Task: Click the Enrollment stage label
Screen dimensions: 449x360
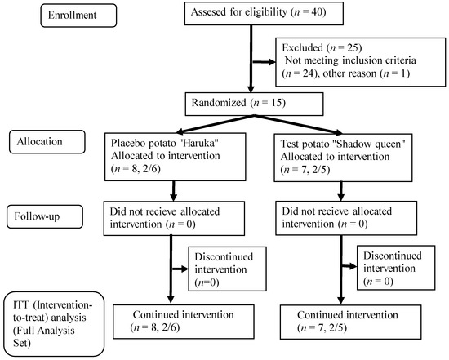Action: click(x=78, y=16)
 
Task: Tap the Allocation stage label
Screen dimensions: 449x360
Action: click(x=47, y=142)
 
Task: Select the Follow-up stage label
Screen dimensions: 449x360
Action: click(x=45, y=216)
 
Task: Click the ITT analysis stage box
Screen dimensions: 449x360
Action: click(x=54, y=324)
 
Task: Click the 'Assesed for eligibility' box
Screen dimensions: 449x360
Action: click(x=264, y=13)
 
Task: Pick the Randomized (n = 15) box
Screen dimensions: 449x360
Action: click(x=254, y=104)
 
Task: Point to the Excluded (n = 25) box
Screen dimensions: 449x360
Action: click(x=361, y=62)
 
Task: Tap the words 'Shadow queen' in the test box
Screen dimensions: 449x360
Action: click(x=369, y=144)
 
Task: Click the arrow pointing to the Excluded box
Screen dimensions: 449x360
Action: click(x=264, y=62)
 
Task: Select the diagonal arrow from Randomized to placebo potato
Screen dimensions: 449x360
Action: click(x=216, y=124)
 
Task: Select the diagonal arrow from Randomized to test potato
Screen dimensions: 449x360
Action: click(x=298, y=125)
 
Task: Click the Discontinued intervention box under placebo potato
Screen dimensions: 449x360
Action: click(x=228, y=269)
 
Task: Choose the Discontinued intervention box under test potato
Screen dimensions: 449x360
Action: click(x=396, y=268)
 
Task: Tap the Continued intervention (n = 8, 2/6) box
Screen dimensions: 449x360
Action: click(x=184, y=322)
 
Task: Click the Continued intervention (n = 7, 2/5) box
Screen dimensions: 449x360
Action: click(x=350, y=322)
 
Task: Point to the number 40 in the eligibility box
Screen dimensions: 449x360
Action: click(x=318, y=12)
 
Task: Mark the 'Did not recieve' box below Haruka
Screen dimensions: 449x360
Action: click(x=174, y=219)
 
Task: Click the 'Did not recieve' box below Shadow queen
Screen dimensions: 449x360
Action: click(x=346, y=218)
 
